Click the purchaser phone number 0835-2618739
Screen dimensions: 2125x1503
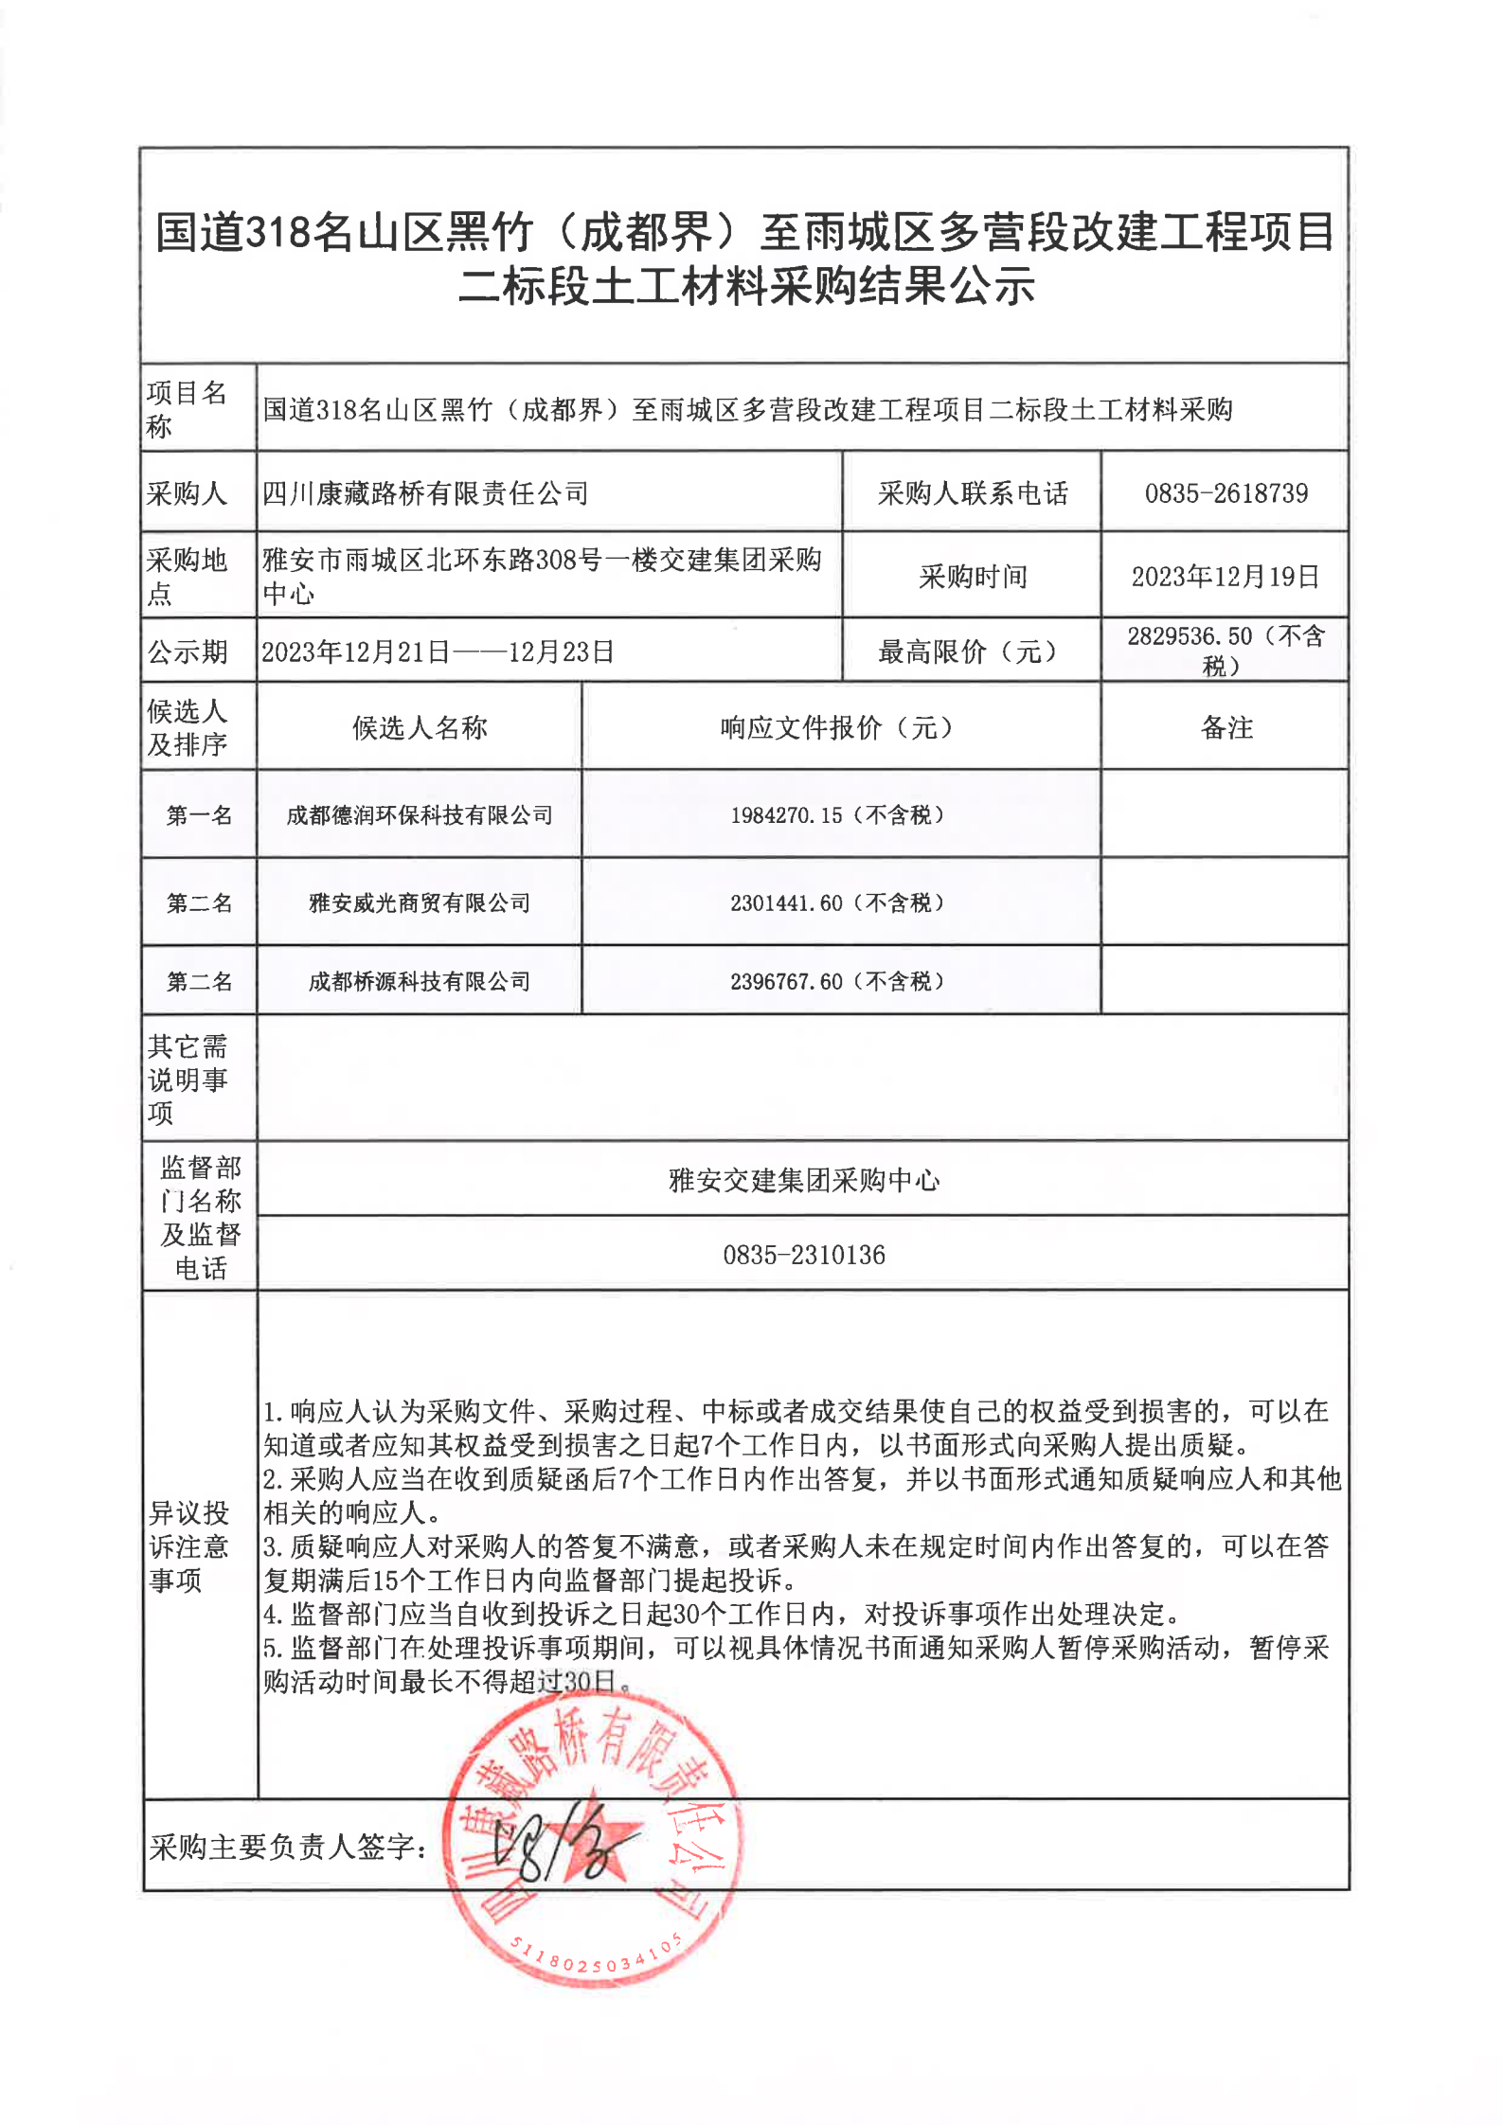1226,493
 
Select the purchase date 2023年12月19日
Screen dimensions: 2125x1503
1226,577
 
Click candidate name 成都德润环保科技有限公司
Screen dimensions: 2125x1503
420,815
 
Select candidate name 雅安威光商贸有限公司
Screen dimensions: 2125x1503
420,903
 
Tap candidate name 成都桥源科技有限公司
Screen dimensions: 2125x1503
420,982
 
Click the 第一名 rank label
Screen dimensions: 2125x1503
199,815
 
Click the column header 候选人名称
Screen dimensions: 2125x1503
420,728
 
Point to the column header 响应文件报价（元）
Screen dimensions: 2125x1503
837,728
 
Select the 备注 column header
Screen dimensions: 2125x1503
1226,728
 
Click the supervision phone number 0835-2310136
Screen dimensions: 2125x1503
804,1256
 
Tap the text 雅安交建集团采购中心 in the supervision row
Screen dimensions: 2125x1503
804,1180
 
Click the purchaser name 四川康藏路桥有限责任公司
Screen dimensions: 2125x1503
425,493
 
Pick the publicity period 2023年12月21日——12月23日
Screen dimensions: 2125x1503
438,652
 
